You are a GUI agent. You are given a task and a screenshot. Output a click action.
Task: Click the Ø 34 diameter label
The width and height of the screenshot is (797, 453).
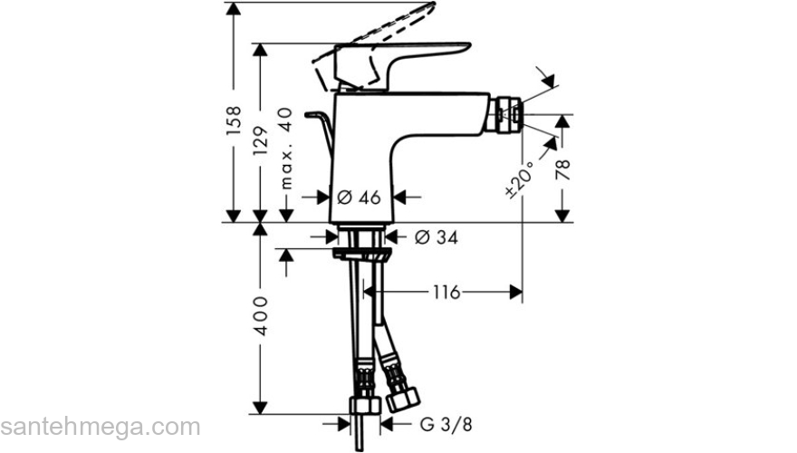click(x=436, y=237)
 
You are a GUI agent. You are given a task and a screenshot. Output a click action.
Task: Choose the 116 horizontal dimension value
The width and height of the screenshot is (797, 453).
click(x=447, y=292)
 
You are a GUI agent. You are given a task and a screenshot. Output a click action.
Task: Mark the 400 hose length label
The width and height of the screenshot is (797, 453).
click(x=261, y=315)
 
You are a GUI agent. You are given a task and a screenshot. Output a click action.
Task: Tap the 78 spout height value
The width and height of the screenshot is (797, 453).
click(x=563, y=169)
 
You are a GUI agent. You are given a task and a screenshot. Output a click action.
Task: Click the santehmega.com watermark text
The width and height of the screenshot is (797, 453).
click(x=101, y=426)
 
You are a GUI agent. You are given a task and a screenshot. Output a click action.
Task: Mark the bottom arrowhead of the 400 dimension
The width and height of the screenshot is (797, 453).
click(x=261, y=408)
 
